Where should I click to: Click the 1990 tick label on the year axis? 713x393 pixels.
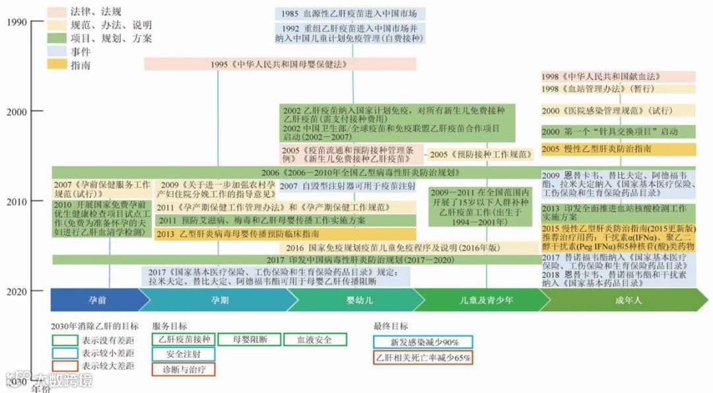(x=16, y=22)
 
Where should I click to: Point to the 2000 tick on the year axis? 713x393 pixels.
(x=16, y=112)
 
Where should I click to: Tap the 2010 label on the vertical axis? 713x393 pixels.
(x=16, y=201)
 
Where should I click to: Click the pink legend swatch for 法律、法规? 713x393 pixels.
(x=57, y=12)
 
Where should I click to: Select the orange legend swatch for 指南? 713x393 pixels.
(x=57, y=65)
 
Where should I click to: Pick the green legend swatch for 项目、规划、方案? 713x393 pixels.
(x=57, y=38)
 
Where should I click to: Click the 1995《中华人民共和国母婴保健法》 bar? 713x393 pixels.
(x=280, y=64)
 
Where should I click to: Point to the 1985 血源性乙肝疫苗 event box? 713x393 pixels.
(x=350, y=14)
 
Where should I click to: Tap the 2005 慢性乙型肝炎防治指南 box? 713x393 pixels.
(x=618, y=149)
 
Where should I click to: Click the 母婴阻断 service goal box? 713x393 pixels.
(x=250, y=339)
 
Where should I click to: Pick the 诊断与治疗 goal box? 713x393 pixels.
(x=183, y=369)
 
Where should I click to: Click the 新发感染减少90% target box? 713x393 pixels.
(x=423, y=342)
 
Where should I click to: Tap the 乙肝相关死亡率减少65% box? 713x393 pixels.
(x=423, y=357)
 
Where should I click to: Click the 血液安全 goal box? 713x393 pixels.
(x=314, y=339)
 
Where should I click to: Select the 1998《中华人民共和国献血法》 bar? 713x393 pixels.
(x=618, y=77)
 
